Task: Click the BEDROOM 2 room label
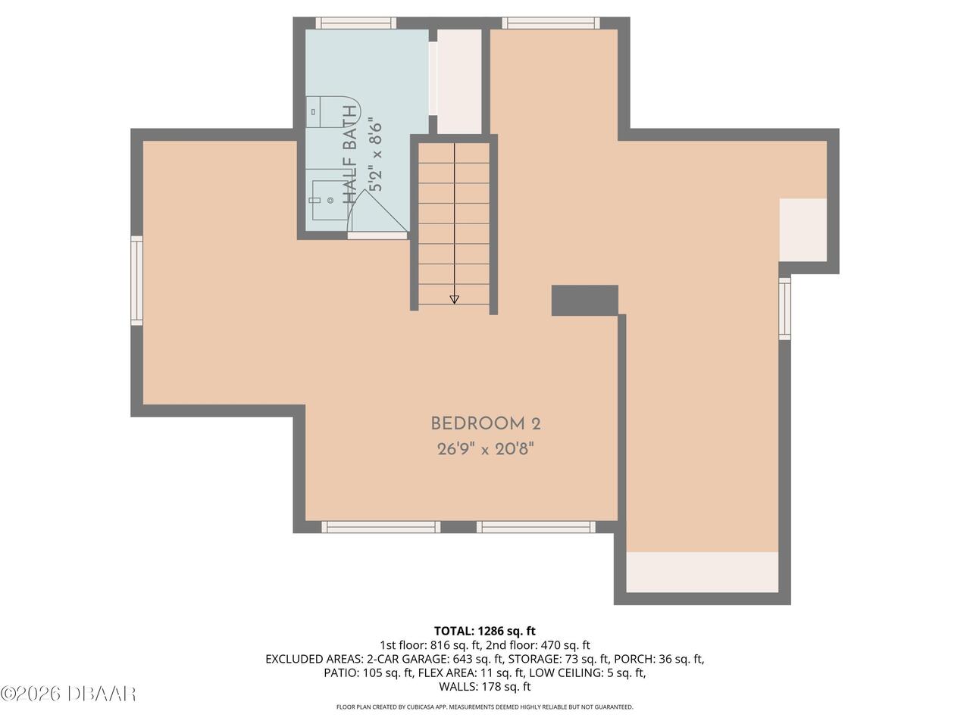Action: coord(486,424)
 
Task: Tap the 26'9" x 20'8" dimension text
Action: coord(486,449)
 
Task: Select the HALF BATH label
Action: coord(350,154)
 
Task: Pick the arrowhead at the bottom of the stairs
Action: coord(454,300)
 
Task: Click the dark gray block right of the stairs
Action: coord(584,300)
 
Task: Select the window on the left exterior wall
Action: coord(137,280)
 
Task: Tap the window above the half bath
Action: coord(356,23)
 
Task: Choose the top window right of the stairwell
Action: coord(551,23)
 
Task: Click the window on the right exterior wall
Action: coord(784,308)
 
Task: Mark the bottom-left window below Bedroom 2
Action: coord(381,527)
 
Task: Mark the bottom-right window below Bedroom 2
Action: coord(536,527)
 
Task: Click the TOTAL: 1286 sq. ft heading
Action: coord(485,631)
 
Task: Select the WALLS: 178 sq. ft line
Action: coord(485,686)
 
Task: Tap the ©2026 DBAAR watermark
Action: coord(68,694)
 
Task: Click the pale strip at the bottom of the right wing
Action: coord(702,572)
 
